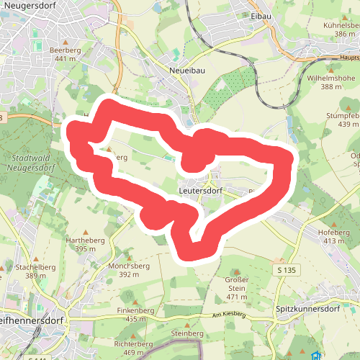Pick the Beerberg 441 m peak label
coord(65,54)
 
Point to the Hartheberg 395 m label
coord(80,244)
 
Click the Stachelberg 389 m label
coord(35,271)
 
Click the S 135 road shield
coord(286,269)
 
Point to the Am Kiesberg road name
coord(229,315)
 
